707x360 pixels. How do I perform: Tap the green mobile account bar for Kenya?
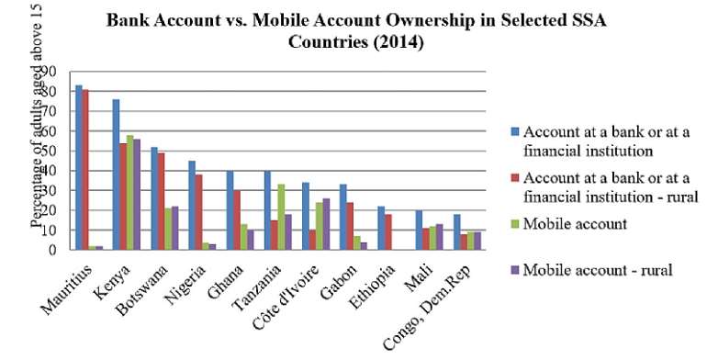[130, 192]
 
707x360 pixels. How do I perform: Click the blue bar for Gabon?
[342, 217]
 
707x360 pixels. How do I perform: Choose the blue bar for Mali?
[419, 230]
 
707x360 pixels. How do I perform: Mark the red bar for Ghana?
[236, 219]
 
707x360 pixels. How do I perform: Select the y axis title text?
[38, 129]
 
